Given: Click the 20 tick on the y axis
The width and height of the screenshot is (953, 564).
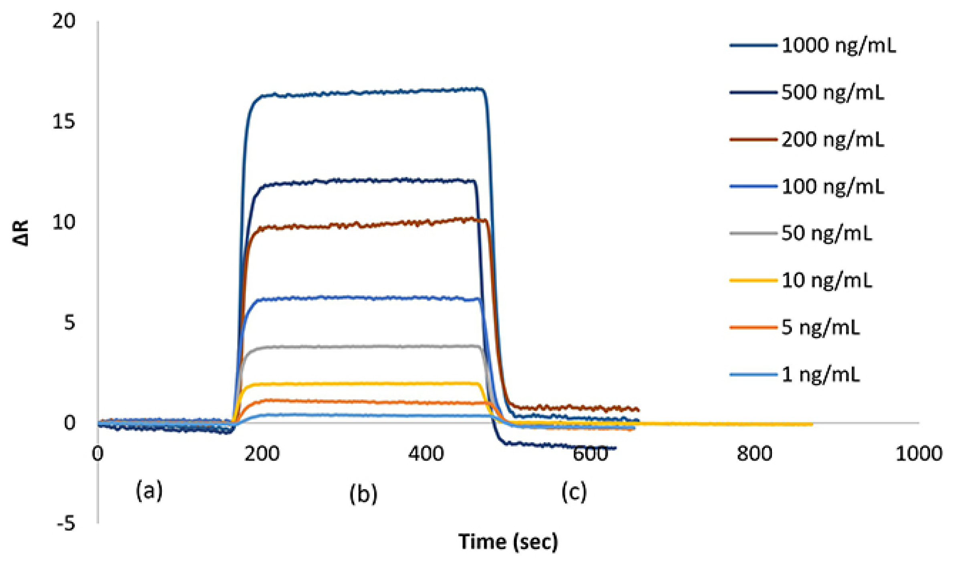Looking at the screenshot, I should (64, 21).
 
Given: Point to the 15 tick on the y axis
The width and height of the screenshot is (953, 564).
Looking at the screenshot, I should (64, 121).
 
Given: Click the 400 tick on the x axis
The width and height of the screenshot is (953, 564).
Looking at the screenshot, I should (426, 454).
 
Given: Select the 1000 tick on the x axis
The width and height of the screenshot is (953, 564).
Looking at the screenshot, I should (919, 454).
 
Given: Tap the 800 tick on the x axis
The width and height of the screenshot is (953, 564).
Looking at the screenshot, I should (754, 454).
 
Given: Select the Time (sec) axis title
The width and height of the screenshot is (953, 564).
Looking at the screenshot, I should (508, 542).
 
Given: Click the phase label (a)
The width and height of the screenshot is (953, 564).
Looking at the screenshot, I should (149, 490).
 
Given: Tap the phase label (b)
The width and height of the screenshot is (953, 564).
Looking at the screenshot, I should (363, 493).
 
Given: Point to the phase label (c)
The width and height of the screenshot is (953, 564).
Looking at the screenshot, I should (574, 491).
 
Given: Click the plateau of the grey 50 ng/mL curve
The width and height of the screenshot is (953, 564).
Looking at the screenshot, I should (361, 346).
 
